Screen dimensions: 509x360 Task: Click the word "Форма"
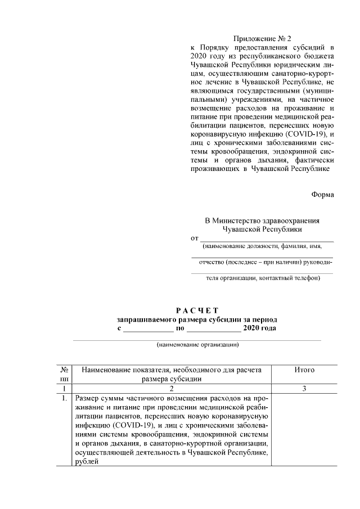[x=322, y=195]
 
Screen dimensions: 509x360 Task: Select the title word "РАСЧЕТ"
[x=196, y=310]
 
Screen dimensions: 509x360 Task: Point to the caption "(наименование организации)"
[x=198, y=345]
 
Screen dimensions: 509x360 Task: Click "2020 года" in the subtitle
[x=259, y=328]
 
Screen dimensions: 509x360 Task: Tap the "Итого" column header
[x=304, y=370]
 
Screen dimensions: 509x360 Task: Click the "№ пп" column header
[x=65, y=375]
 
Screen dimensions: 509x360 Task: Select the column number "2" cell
[x=172, y=389]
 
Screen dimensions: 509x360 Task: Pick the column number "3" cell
[x=304, y=389]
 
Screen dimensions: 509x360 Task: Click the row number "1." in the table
[x=65, y=399]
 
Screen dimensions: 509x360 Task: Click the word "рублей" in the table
[x=87, y=462]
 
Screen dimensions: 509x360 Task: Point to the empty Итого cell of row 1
[x=304, y=430]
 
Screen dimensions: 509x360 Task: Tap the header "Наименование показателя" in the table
[x=172, y=370]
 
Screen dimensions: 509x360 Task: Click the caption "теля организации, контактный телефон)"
[x=262, y=278]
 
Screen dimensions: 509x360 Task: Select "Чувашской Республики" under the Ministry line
[x=262, y=229]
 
